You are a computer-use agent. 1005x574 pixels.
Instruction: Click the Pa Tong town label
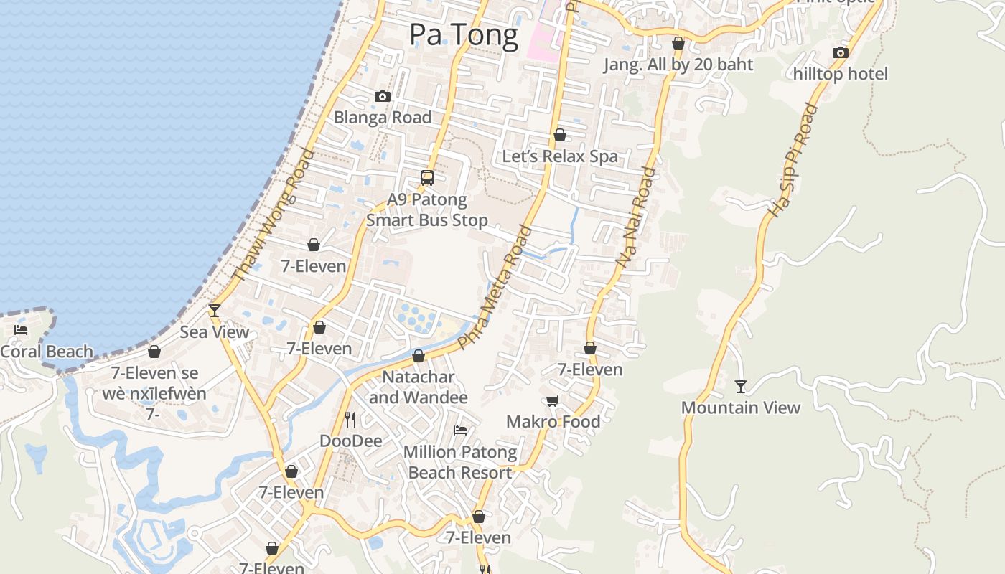[463, 34]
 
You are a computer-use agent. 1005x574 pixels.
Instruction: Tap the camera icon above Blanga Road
[383, 96]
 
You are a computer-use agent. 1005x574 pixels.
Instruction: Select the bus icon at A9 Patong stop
[427, 177]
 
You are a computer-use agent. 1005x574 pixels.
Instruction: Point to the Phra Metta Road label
[495, 288]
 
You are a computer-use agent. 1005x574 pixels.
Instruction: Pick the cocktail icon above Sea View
[214, 311]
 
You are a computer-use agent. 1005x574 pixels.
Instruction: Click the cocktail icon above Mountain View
[741, 387]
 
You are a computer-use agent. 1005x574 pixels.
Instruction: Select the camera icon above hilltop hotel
[841, 52]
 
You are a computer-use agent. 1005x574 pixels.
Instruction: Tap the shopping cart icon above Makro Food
[552, 401]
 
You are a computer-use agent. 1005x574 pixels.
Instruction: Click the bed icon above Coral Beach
[21, 330]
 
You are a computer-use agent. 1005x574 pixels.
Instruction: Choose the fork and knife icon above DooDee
[350, 419]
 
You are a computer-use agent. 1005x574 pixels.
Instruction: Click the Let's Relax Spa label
[560, 156]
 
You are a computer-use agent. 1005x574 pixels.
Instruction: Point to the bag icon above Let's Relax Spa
[560, 135]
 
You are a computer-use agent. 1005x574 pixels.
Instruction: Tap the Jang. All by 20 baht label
[678, 65]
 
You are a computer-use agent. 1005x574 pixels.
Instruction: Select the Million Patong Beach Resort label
[460, 462]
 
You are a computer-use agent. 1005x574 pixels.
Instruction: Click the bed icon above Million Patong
[460, 430]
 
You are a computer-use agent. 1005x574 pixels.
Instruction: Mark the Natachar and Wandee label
[419, 387]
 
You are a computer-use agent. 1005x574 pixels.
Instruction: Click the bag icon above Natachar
[419, 356]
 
